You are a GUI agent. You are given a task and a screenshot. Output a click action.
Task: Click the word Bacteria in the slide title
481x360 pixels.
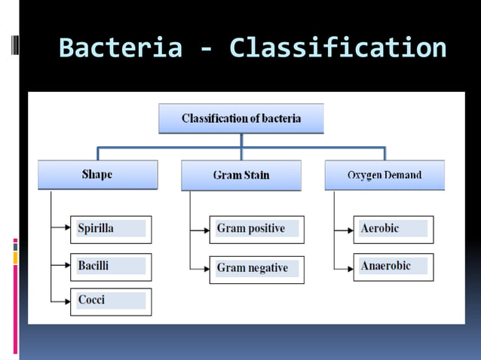click(120, 48)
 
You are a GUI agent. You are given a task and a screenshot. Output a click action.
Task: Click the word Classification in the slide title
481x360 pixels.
click(338, 48)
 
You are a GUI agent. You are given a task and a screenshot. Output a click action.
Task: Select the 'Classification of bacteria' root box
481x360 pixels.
click(241, 118)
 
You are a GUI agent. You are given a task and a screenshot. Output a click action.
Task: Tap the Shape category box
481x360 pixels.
click(97, 175)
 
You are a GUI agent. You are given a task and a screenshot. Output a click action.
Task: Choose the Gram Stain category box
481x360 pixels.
click(241, 175)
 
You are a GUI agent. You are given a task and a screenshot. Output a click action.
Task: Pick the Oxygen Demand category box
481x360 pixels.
click(384, 175)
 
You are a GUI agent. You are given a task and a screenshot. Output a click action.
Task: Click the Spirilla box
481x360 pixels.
click(111, 229)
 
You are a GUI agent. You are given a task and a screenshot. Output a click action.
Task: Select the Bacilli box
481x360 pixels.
click(111, 267)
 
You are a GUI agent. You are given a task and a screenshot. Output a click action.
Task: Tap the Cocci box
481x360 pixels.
click(111, 301)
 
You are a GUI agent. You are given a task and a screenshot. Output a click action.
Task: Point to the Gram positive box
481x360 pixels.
click(256, 229)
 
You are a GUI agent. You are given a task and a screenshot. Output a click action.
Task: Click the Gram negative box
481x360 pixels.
click(256, 269)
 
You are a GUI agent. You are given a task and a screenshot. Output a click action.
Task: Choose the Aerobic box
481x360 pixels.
click(393, 229)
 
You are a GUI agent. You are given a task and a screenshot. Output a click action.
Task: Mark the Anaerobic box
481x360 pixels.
click(393, 267)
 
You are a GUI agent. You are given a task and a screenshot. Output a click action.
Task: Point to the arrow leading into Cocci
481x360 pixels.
click(62, 301)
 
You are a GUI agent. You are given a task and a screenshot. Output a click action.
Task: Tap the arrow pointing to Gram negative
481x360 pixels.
click(200, 268)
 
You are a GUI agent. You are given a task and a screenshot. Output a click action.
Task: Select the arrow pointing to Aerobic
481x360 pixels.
click(344, 227)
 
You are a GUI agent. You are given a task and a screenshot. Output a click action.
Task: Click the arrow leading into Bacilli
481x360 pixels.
click(62, 266)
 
